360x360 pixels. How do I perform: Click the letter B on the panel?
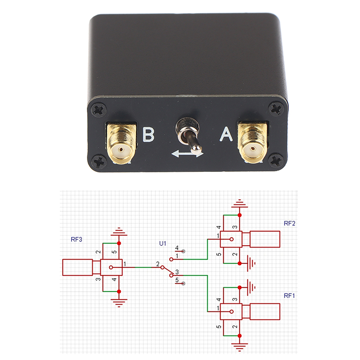click(x=148, y=135)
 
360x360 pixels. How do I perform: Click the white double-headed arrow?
click(x=187, y=154)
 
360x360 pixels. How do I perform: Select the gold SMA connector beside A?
click(x=253, y=142)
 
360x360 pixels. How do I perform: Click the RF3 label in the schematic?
click(x=76, y=239)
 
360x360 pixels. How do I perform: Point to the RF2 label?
click(x=289, y=224)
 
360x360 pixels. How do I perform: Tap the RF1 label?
click(x=289, y=296)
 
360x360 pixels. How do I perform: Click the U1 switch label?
click(x=163, y=243)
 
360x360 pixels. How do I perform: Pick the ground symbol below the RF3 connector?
click(x=119, y=302)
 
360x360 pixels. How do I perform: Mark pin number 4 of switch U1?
click(x=177, y=248)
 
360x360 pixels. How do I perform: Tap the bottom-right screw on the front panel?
click(x=275, y=159)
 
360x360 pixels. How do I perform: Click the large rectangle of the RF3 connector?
click(x=77, y=268)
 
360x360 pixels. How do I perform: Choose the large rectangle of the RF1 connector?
click(x=265, y=311)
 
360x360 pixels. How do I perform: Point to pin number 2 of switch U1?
click(x=157, y=264)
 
